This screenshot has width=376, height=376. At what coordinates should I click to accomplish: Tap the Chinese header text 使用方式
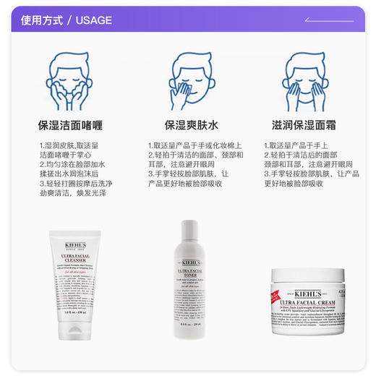click(40, 20)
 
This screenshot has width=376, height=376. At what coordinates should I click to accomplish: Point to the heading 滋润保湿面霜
click(309, 124)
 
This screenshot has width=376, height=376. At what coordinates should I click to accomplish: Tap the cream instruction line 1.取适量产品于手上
click(296, 145)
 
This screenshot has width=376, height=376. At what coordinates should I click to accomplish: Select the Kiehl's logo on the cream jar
click(312, 294)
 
